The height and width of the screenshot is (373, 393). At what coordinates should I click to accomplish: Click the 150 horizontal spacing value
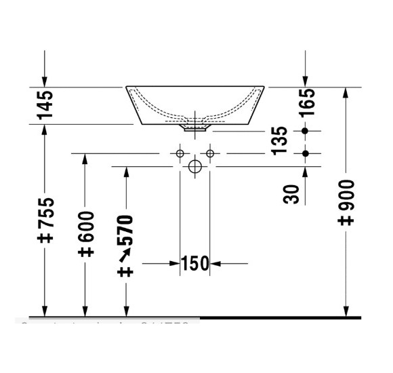pyautogui.click(x=194, y=264)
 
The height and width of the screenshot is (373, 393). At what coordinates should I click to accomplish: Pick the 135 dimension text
pyautogui.click(x=279, y=140)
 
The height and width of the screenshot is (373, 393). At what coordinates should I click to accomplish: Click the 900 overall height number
pyautogui.click(x=346, y=202)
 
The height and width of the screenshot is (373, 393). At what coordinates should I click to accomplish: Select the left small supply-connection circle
pyautogui.click(x=180, y=154)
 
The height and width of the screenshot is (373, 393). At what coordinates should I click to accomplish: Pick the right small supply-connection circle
pyautogui.click(x=210, y=154)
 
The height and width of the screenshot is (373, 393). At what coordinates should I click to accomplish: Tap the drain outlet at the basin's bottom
pyautogui.click(x=196, y=126)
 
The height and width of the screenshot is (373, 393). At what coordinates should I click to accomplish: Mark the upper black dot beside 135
pyautogui.click(x=306, y=130)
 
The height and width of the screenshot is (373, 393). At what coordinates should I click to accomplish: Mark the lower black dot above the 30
pyautogui.click(x=306, y=154)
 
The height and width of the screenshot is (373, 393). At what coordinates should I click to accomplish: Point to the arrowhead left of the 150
pyautogui.click(x=175, y=264)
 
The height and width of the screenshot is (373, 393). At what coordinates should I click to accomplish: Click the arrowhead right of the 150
pyautogui.click(x=215, y=264)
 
